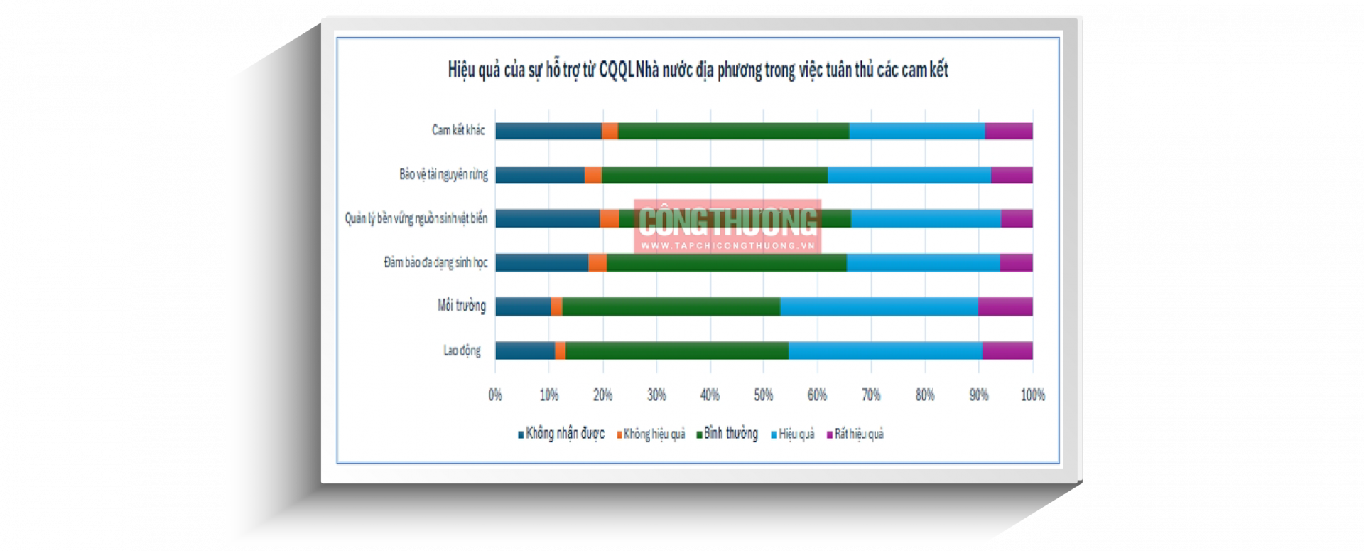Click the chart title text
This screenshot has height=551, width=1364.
(x=698, y=70)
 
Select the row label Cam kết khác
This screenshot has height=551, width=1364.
(x=458, y=130)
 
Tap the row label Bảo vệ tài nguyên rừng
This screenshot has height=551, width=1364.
(x=443, y=174)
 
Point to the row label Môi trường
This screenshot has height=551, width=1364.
(x=462, y=306)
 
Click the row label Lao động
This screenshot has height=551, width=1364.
(x=462, y=351)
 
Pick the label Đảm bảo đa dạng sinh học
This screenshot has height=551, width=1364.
(x=435, y=262)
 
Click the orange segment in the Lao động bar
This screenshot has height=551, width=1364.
(x=560, y=351)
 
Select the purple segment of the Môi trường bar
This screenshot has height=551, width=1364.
(x=1005, y=306)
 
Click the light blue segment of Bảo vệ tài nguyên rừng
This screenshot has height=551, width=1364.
(x=909, y=175)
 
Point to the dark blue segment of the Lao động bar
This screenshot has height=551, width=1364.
(x=525, y=351)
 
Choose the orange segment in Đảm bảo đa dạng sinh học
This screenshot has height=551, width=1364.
(x=597, y=262)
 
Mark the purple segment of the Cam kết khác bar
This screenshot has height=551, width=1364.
(x=1009, y=131)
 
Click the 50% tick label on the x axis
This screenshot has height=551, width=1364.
(x=764, y=395)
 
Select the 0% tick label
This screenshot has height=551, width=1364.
(x=495, y=395)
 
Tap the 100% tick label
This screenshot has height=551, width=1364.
(x=1032, y=395)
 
